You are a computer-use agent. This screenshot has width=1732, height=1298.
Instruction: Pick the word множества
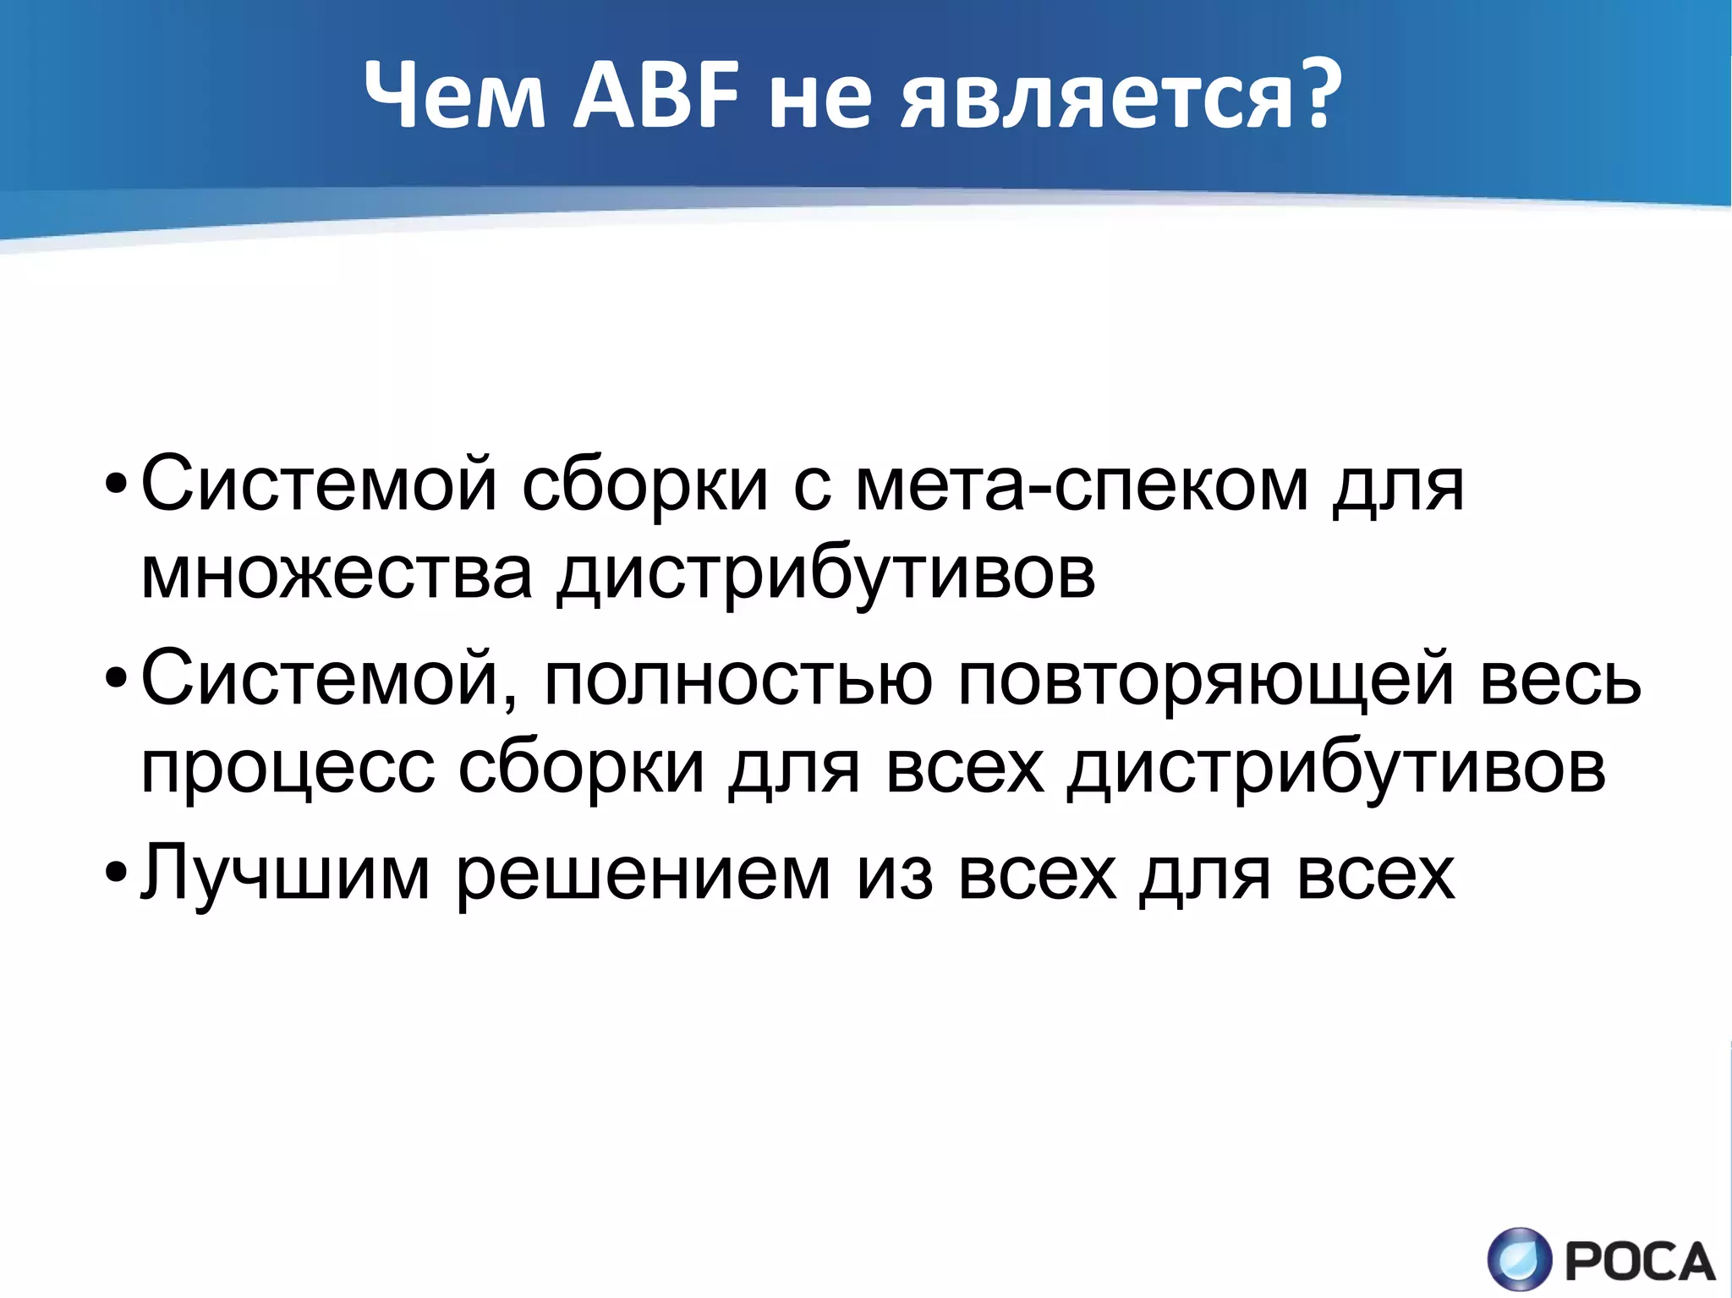[337, 574]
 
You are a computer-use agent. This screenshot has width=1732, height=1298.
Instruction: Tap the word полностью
[738, 678]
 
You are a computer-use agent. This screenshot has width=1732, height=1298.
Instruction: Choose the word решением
[644, 876]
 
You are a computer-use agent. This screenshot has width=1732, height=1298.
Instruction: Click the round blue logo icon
[1520, 1260]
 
